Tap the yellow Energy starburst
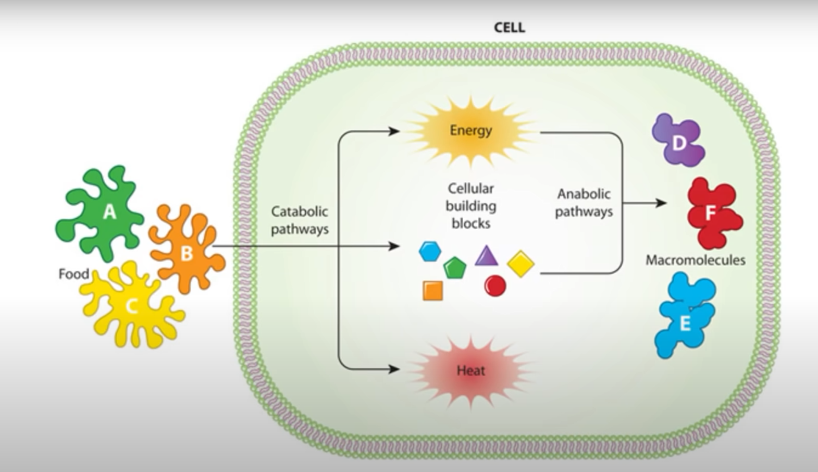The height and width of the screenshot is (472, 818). pos(470,130)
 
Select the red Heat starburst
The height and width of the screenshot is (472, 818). pos(470,370)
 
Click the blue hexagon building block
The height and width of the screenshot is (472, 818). pos(430,251)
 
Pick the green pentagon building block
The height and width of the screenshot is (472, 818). pos(454,268)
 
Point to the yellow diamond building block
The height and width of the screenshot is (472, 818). pos(520,264)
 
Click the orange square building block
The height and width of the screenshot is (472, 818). pos(433,291)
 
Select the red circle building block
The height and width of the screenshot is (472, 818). pos(495,286)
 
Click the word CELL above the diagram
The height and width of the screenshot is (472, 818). pos(509,28)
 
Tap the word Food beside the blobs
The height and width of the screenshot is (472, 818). pos(73,274)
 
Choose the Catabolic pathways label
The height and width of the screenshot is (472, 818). pos(300,220)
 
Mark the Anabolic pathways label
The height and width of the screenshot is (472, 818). pos(584,203)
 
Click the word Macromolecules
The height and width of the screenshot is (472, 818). pos(695,260)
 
